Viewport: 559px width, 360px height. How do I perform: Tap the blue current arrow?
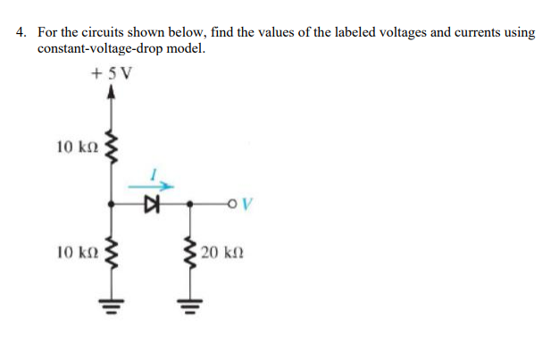[x=148, y=187]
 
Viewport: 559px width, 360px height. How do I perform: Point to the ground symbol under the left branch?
[x=112, y=302]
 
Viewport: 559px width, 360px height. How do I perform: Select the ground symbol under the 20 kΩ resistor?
[x=190, y=302]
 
